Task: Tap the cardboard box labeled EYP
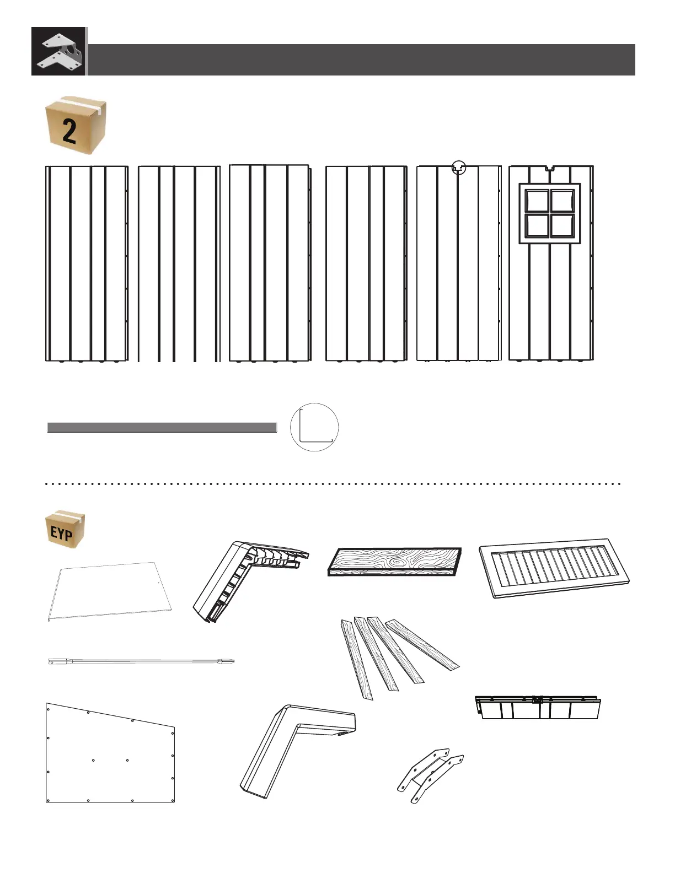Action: (x=65, y=529)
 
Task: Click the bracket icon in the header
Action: (x=59, y=51)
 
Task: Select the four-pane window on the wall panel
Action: (x=550, y=213)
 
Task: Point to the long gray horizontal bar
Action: (x=162, y=428)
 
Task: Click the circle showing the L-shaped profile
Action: (x=314, y=427)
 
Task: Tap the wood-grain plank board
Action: (x=394, y=561)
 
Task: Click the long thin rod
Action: (x=141, y=661)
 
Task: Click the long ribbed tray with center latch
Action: (x=538, y=707)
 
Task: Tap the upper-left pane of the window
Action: (x=537, y=201)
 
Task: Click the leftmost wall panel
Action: (x=87, y=263)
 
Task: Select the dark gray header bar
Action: (x=361, y=60)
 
